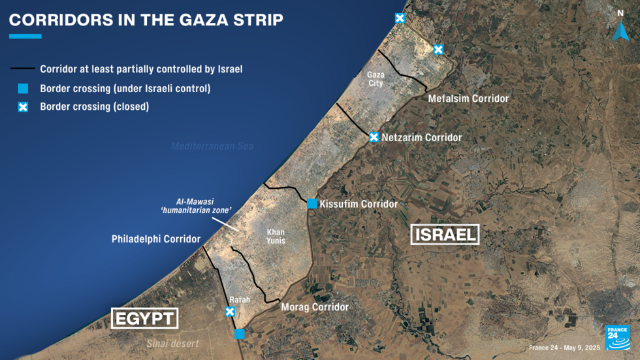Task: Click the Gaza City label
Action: click(x=376, y=79)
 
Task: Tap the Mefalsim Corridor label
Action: click(x=468, y=99)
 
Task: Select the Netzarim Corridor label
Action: click(x=421, y=137)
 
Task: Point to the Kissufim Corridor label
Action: click(x=359, y=204)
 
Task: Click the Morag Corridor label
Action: click(x=315, y=307)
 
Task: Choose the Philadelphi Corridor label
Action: click(x=156, y=239)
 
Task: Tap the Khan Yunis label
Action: click(x=276, y=237)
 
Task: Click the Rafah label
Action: click(x=240, y=300)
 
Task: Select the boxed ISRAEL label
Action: click(x=445, y=235)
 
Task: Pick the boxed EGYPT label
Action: click(x=145, y=318)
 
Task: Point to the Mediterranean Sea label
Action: click(x=212, y=146)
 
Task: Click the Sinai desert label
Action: click(x=172, y=344)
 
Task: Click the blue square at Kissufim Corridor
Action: click(x=312, y=204)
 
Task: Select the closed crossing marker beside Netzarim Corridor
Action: click(x=374, y=137)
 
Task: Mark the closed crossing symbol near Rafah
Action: click(x=230, y=312)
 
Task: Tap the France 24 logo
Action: click(x=617, y=338)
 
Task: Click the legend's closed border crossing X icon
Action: click(x=23, y=106)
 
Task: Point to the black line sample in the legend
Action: click(x=22, y=69)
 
